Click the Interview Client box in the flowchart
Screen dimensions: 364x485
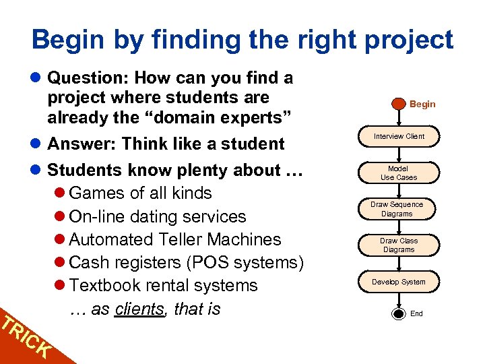pyautogui.click(x=399, y=137)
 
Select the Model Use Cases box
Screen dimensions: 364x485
pyautogui.click(x=399, y=173)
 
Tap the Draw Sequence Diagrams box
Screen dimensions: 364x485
pyautogui.click(x=397, y=209)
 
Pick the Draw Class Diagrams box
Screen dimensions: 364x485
pyautogui.click(x=399, y=245)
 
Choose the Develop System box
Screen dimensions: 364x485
pyautogui.click(x=399, y=282)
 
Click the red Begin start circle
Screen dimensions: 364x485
pyautogui.click(x=398, y=104)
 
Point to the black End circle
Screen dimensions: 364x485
pyautogui.click(x=398, y=313)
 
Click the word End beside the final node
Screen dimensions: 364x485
pyautogui.click(x=417, y=313)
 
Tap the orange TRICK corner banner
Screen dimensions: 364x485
pyautogui.click(x=24, y=337)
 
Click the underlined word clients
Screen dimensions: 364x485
pyautogui.click(x=139, y=309)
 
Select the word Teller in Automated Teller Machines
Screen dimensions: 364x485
pyautogui.click(x=178, y=239)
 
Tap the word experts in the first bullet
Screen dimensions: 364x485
pyautogui.click(x=253, y=117)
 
